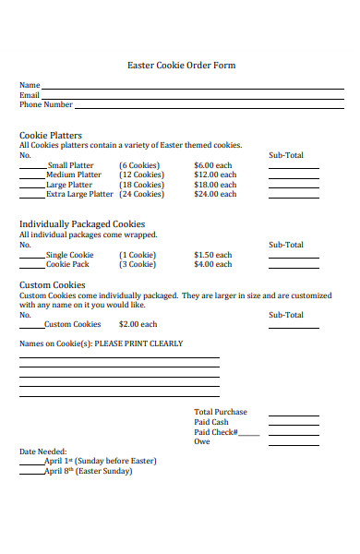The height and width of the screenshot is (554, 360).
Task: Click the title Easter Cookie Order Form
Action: (181, 66)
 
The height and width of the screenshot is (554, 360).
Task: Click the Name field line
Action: (194, 87)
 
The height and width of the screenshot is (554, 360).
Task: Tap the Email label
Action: (30, 95)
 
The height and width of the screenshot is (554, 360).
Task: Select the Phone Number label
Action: (46, 104)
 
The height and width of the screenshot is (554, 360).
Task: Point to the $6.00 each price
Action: (215, 165)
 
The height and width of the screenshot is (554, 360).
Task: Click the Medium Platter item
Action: (74, 175)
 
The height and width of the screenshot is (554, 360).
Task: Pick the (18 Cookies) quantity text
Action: (141, 185)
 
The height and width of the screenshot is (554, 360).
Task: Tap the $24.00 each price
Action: (215, 195)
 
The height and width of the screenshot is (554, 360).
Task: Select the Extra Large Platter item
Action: (80, 195)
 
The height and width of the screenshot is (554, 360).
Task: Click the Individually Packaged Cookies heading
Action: (82, 224)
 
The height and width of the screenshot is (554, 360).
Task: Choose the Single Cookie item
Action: (70, 255)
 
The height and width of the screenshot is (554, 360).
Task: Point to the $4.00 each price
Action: (213, 264)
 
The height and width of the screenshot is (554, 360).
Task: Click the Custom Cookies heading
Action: (53, 285)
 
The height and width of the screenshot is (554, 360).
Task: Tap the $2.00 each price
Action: (138, 324)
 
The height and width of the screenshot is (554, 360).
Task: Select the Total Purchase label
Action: (221, 412)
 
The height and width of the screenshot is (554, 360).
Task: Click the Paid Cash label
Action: (211, 422)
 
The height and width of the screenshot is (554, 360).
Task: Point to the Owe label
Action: (202, 441)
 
